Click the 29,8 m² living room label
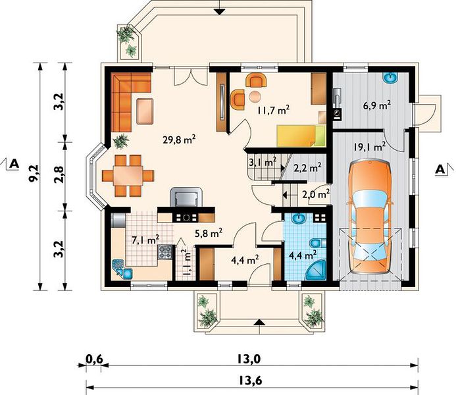[179, 140]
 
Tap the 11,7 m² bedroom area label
[273, 110]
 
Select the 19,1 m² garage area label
[370, 147]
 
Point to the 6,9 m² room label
[376, 105]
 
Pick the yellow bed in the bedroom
[301, 136]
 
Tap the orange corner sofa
[131, 102]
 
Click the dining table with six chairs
[128, 176]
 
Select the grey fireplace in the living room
[186, 197]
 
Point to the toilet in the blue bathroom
[316, 242]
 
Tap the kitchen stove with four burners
[165, 251]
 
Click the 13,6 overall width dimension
[251, 380]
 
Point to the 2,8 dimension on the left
[59, 176]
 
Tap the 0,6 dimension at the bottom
[94, 359]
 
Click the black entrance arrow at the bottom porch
[260, 323]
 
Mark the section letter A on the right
[440, 169]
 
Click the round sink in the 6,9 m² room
[391, 78]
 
